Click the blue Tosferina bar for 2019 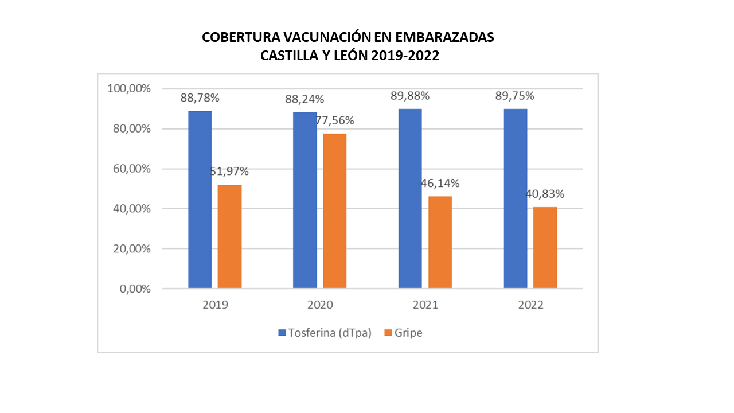click(x=200, y=199)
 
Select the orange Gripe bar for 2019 click(x=229, y=236)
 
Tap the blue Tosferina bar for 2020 click(x=304, y=200)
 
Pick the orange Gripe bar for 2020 click(x=334, y=211)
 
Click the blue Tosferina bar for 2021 click(x=410, y=198)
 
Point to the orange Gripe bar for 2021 click(x=440, y=242)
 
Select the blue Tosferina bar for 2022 click(x=515, y=198)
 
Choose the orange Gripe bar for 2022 click(x=545, y=247)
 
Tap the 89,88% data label click(x=410, y=96)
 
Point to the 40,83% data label click(x=545, y=194)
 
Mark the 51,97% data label click(x=229, y=171)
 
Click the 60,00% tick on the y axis click(x=131, y=169)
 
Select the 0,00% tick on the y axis click(x=135, y=289)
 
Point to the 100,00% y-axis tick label click(x=129, y=89)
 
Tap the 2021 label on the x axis click(x=425, y=305)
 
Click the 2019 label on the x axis click(x=215, y=305)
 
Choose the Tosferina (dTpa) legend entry click(x=325, y=333)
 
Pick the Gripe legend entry click(x=403, y=333)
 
